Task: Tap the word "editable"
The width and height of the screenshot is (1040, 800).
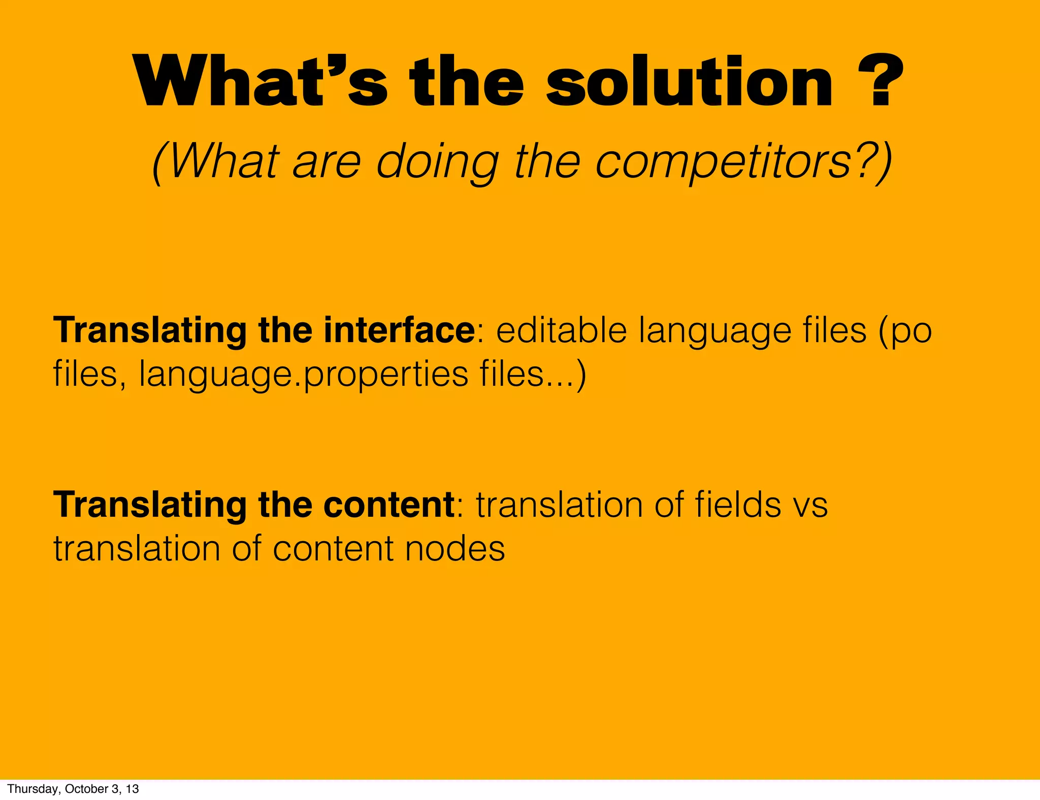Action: coord(562,330)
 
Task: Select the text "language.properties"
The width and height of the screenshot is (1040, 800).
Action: coord(304,375)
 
